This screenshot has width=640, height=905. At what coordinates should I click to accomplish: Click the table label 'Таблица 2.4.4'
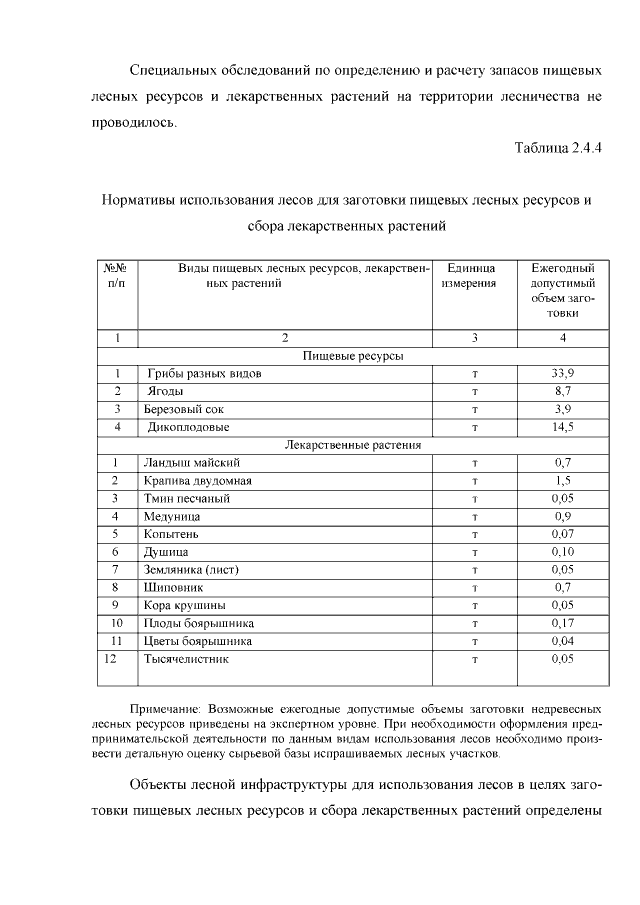click(558, 148)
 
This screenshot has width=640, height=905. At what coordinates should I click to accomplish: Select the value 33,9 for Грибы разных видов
click(562, 373)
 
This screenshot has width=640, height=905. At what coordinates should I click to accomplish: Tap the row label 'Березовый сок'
click(183, 409)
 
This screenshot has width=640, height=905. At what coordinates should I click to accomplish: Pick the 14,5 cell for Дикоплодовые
click(562, 427)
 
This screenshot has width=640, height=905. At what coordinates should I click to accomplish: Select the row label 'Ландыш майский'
click(191, 463)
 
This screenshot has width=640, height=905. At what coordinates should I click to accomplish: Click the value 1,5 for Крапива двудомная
click(562, 481)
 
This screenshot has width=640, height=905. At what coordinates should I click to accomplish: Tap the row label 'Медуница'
click(171, 516)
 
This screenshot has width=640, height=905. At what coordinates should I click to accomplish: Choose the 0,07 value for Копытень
click(562, 534)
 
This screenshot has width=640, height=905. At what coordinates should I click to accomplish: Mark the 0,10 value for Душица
click(562, 552)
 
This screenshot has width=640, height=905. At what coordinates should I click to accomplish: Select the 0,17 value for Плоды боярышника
click(562, 623)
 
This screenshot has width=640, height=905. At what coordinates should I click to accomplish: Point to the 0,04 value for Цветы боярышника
click(562, 641)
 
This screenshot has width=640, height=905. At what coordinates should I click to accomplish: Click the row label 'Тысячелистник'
click(187, 659)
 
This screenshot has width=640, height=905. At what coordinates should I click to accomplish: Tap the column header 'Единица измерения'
click(470, 276)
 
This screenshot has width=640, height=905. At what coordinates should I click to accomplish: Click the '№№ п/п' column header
click(116, 276)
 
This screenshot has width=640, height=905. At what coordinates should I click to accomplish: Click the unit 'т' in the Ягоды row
click(474, 391)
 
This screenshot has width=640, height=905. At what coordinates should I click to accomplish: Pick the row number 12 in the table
click(112, 659)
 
